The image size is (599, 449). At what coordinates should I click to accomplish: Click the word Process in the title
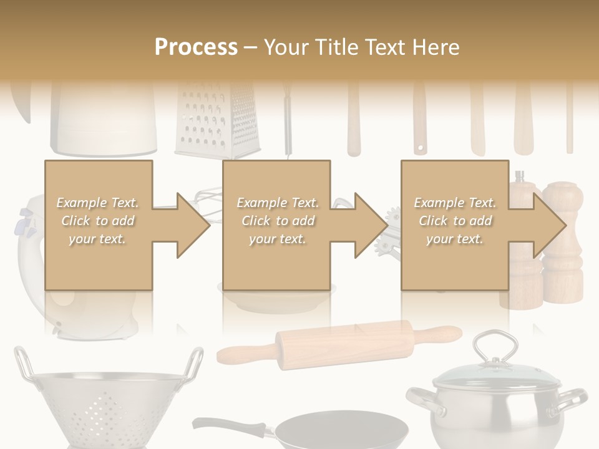(x=196, y=47)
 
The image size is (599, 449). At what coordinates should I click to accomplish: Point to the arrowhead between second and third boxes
(x=371, y=225)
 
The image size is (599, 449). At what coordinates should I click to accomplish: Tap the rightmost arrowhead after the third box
(x=549, y=225)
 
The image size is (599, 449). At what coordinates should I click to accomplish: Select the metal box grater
(x=216, y=122)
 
